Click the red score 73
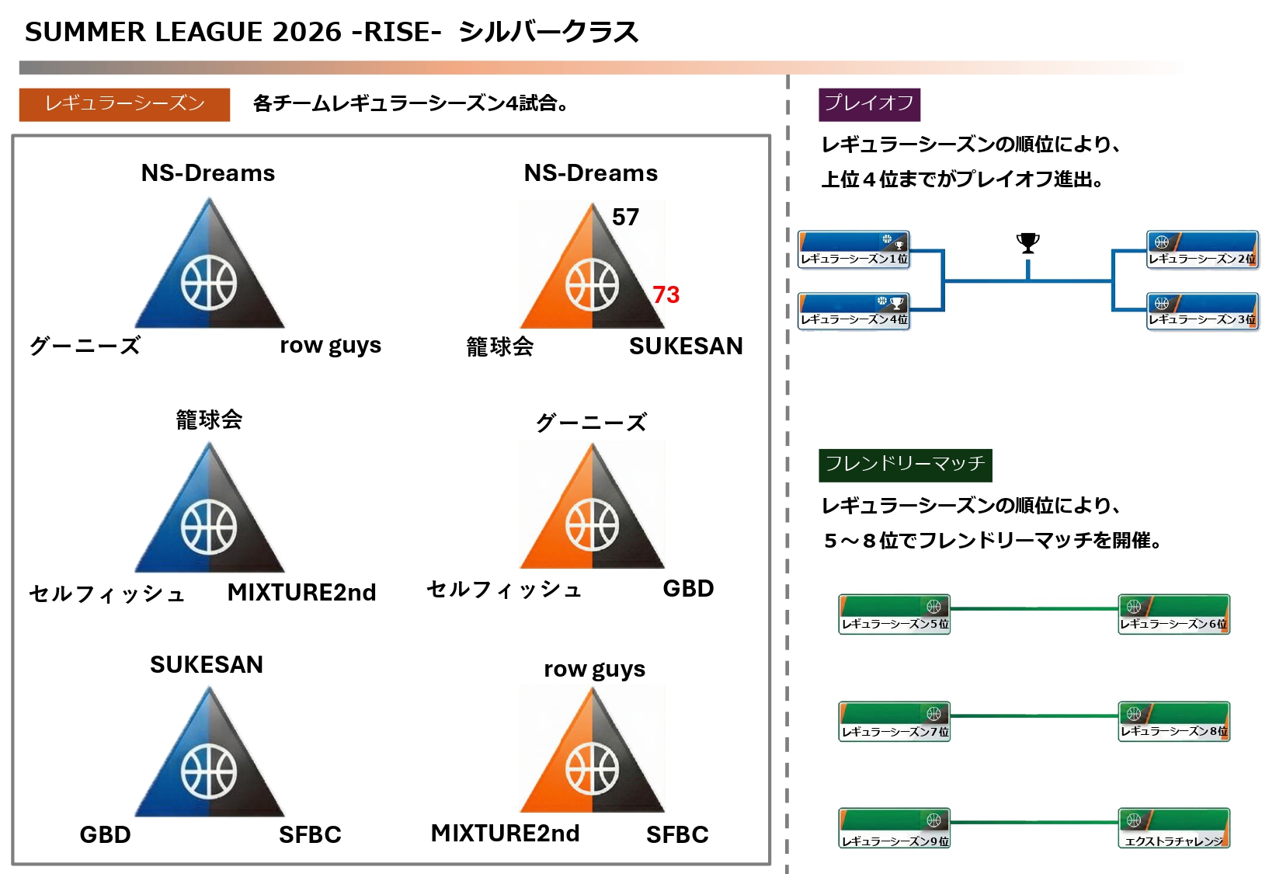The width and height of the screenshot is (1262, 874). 666,295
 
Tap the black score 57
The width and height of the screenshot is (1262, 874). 625,218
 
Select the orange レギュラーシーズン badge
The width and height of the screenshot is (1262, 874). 124,104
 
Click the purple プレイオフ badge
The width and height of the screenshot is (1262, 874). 869,104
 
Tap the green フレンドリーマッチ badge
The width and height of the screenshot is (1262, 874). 905,465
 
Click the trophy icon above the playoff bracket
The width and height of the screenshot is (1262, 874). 1027,243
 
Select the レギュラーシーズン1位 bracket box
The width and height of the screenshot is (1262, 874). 854,249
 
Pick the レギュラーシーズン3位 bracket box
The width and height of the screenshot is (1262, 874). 1202,311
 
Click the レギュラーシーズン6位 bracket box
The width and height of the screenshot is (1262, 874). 1173,615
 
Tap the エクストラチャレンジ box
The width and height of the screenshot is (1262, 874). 1173,829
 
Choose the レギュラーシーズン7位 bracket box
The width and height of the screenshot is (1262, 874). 895,722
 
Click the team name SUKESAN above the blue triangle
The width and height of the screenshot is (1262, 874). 207,665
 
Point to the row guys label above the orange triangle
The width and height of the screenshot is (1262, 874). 594,669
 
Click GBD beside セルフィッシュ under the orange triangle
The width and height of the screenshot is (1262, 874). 688,589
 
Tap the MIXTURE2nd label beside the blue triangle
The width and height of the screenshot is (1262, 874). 301,593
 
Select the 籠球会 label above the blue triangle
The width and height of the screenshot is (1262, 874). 209,420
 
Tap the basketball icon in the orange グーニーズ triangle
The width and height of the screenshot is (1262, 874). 592,524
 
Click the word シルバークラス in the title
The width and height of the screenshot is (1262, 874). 548,33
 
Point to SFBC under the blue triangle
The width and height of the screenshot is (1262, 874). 310,835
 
